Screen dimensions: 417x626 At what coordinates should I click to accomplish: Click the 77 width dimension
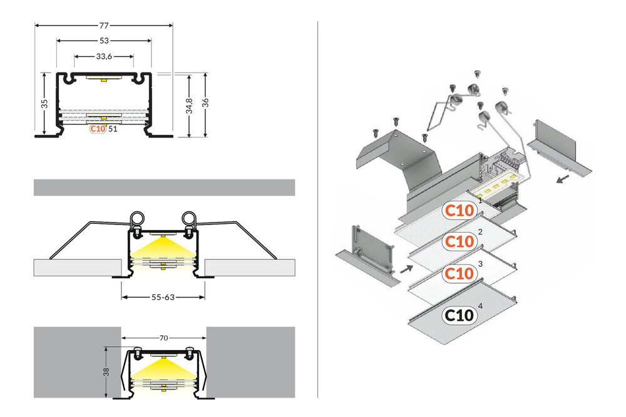point(104,26)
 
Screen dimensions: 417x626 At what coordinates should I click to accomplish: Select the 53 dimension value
point(104,41)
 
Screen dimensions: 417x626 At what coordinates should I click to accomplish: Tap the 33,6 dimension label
point(104,56)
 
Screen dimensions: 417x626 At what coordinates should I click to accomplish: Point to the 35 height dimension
point(44,104)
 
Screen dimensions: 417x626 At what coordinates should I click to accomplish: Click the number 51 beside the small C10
point(113,129)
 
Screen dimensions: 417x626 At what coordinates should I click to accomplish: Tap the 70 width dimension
point(164,338)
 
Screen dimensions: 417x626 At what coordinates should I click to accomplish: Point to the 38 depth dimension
point(107,371)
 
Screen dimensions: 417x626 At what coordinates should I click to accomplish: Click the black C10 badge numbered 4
point(459,315)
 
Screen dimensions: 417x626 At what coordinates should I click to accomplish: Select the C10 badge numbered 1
point(459,209)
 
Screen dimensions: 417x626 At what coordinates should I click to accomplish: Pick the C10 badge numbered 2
point(459,241)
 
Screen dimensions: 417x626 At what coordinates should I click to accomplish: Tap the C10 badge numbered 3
point(459,273)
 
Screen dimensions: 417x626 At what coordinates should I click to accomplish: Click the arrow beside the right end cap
point(565,179)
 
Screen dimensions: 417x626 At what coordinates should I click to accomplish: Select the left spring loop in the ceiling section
point(136,219)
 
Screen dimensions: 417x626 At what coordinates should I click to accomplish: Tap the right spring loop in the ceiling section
point(190,219)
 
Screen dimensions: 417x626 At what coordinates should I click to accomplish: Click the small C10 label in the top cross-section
point(97,129)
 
